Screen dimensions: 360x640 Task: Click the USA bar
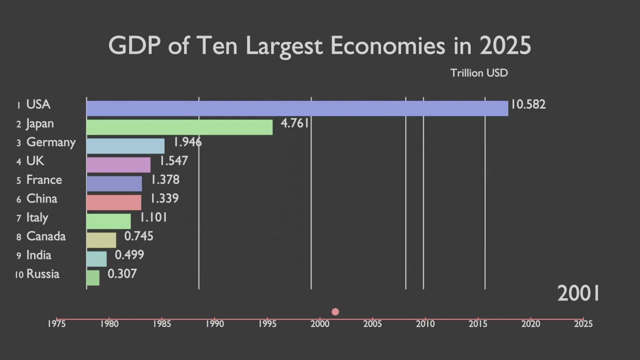pyautogui.click(x=297, y=108)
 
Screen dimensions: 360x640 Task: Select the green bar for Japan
pyautogui.click(x=179, y=127)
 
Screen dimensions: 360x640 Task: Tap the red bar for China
pyautogui.click(x=113, y=202)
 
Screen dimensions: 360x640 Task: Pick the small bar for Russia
pyautogui.click(x=93, y=277)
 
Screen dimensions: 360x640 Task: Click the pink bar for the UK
pyautogui.click(x=118, y=164)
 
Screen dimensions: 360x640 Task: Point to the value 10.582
pyautogui.click(x=528, y=104)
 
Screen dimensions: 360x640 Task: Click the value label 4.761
pyautogui.click(x=295, y=123)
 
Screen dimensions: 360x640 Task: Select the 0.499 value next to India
pyautogui.click(x=129, y=255)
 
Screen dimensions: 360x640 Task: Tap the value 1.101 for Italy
pyautogui.click(x=153, y=217)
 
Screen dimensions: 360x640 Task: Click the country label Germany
pyautogui.click(x=50, y=142)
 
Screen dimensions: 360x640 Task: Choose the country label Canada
pyautogui.click(x=46, y=236)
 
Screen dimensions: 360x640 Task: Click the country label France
pyautogui.click(x=44, y=180)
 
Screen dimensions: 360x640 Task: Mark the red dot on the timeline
pyautogui.click(x=335, y=311)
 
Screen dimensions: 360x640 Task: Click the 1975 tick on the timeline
pyautogui.click(x=56, y=324)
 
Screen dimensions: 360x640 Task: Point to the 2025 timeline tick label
pyautogui.click(x=583, y=324)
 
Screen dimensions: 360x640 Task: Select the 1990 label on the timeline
pyautogui.click(x=214, y=324)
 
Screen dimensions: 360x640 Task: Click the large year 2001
pyautogui.click(x=578, y=293)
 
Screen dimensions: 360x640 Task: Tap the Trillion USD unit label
pyautogui.click(x=479, y=73)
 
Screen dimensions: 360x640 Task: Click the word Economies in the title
pyautogui.click(x=387, y=46)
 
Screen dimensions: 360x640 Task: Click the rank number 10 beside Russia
pyautogui.click(x=19, y=274)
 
